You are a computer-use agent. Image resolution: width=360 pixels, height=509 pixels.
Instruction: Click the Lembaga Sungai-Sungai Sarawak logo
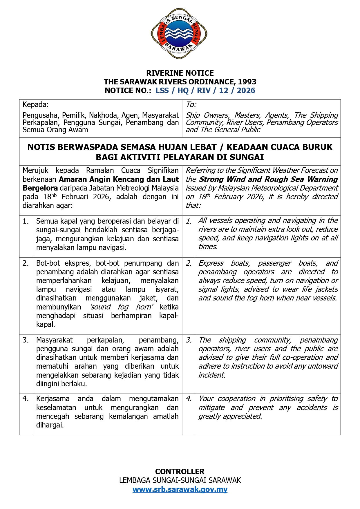pos(179,33)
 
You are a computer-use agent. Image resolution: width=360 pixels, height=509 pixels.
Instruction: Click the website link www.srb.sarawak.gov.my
pos(180,489)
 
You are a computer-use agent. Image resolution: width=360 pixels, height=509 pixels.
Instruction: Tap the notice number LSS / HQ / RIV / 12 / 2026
pos(205,90)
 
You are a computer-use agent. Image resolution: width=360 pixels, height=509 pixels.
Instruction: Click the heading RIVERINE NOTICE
pos(180,73)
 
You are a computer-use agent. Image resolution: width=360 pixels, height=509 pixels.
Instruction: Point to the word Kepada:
pos(36,104)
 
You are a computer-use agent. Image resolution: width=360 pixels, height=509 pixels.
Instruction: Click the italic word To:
pos(191,104)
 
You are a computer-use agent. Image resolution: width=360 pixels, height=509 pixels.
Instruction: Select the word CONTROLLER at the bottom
pos(180,471)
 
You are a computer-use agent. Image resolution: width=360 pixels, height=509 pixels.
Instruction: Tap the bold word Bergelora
pos(40,188)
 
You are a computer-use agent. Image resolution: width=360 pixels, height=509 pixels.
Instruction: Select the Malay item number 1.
pos(26,221)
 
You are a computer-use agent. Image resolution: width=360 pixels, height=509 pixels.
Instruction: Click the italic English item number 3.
pos(189,340)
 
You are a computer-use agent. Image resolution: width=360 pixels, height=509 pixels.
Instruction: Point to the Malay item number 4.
pos(26,399)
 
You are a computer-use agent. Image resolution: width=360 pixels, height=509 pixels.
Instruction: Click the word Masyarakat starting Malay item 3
pos(54,340)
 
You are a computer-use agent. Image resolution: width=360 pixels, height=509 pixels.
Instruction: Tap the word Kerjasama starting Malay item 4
pos(53,399)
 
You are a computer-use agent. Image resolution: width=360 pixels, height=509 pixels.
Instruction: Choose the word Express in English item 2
pos(211,263)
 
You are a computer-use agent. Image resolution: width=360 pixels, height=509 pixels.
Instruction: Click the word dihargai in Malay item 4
pos(49,425)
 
